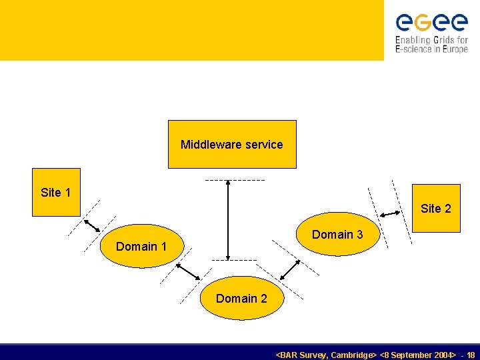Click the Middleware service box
pos(231,144)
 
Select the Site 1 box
pos(56,192)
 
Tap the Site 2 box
pos(436,208)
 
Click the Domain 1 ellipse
pos(141,246)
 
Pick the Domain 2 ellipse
pos(241,298)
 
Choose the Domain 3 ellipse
pos(337,234)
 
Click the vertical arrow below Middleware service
pos(228,220)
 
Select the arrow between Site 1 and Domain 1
pos(91,224)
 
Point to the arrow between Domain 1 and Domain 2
pos(188,271)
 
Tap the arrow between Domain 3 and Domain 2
pos(289,269)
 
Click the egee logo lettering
pos(431,22)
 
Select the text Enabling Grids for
pos(431,40)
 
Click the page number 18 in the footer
pos(471,355)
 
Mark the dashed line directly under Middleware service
pos(235,180)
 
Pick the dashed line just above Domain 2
pos(233,260)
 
